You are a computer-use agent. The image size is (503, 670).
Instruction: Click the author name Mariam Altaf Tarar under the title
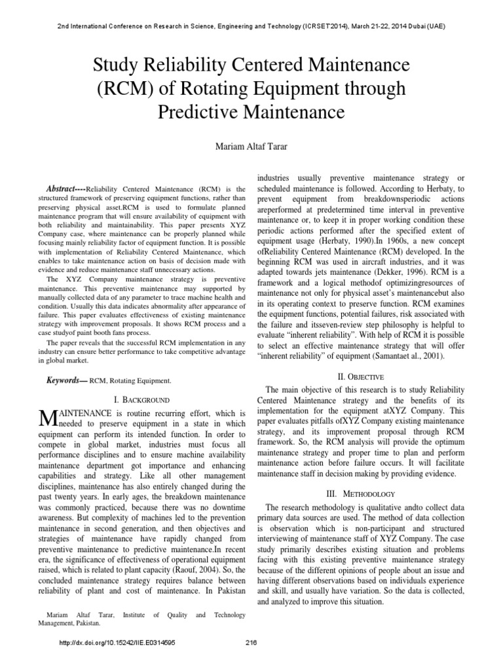tap(251, 145)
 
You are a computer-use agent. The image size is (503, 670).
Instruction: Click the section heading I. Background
tap(141, 399)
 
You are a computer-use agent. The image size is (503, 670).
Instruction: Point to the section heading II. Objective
tap(356, 377)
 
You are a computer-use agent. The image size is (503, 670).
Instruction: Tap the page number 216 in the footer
tap(252, 643)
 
